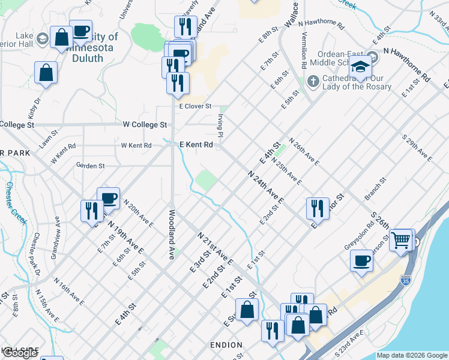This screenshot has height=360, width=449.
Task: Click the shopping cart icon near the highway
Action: point(400,241)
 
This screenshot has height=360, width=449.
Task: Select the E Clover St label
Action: point(196,106)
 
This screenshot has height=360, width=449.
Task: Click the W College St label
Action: point(145,125)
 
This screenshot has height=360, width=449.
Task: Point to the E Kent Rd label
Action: point(196,145)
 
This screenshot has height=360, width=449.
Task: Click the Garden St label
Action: point(91,166)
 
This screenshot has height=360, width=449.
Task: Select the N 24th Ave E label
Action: point(266,185)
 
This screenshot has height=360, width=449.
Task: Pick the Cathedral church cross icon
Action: point(312,80)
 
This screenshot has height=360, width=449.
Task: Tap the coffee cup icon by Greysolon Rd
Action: point(361,260)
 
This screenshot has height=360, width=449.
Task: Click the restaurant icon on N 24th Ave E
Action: point(318,208)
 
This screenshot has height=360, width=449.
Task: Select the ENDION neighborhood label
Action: point(226,345)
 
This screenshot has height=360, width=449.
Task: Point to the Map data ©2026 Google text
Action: point(412,355)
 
